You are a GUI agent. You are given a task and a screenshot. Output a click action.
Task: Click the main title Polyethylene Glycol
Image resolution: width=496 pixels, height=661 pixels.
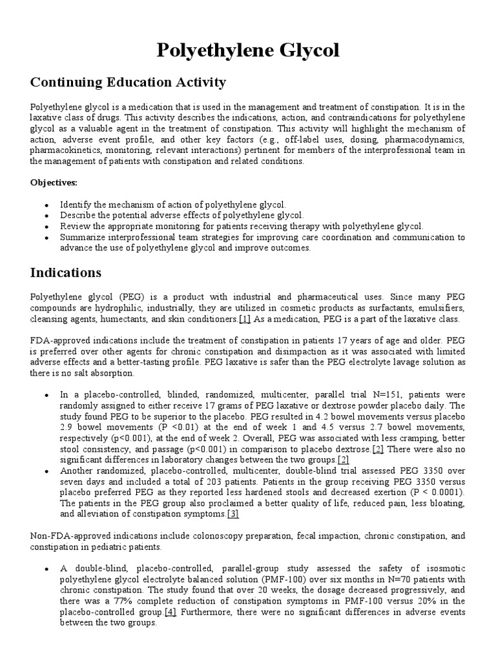point(248,50)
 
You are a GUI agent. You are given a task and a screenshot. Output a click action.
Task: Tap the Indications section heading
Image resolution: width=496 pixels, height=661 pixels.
point(65,272)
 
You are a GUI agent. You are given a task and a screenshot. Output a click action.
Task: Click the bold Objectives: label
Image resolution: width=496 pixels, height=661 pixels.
point(54,182)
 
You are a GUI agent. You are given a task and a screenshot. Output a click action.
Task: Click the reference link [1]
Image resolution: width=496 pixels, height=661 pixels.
point(245,319)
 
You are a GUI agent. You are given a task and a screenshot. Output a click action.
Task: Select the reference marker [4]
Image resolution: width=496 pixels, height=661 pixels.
point(170,612)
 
